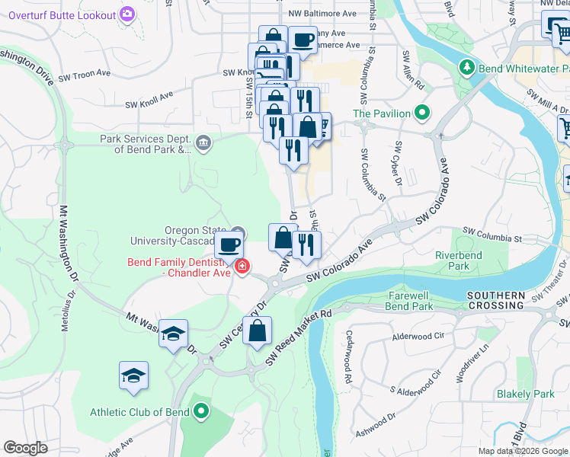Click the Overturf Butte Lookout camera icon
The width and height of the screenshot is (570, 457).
click(x=127, y=14)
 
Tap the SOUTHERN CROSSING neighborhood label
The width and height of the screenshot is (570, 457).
click(x=496, y=299)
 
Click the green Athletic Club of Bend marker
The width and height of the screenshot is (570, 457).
click(x=201, y=413)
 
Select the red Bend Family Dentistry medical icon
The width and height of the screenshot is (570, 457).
click(x=242, y=267)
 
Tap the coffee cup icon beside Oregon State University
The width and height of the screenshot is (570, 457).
click(x=229, y=244)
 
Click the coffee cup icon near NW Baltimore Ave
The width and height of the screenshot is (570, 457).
click(x=303, y=39)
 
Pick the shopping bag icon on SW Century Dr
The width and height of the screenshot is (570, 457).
click(x=258, y=330)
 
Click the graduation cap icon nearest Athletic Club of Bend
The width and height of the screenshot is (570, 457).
click(x=133, y=375)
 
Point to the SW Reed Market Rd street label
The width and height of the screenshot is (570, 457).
click(x=299, y=334)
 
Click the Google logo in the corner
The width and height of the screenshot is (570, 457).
click(x=26, y=447)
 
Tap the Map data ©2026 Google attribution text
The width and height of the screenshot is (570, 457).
click(x=522, y=450)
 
